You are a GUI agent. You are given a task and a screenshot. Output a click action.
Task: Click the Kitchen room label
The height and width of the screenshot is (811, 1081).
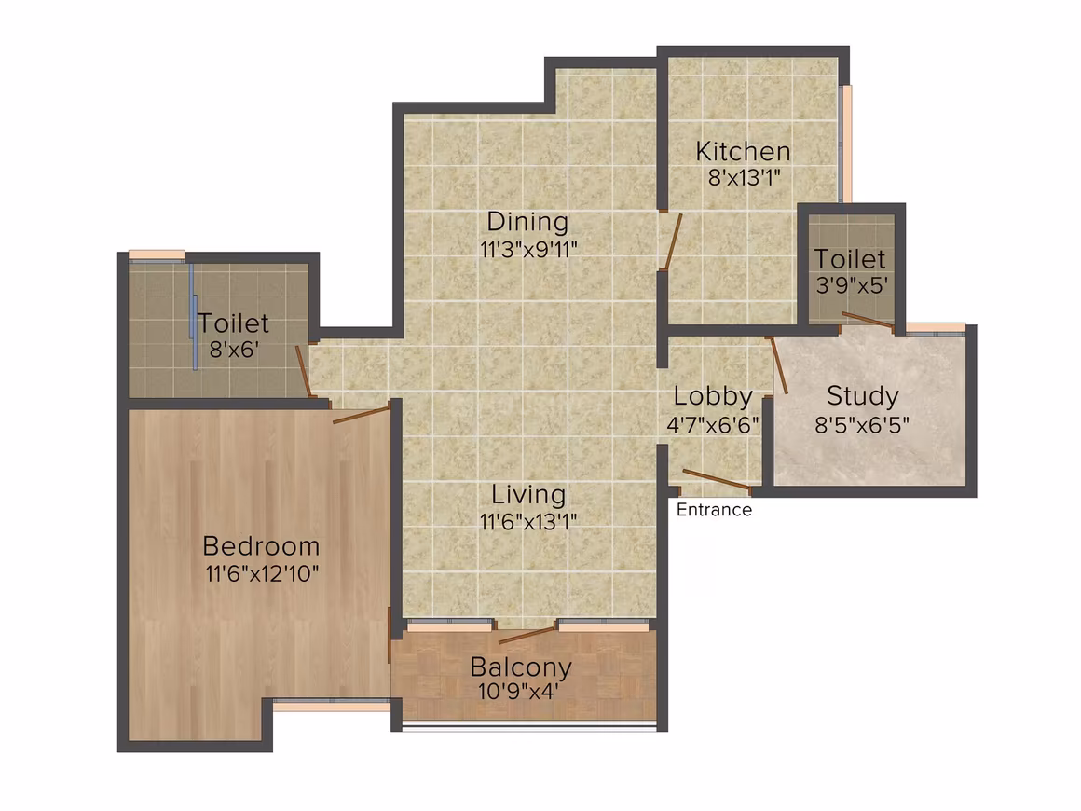click(x=743, y=151)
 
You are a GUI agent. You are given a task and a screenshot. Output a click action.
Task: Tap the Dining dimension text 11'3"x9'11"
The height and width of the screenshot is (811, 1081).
click(x=528, y=249)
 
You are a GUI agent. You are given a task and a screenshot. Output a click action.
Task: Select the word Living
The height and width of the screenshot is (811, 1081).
click(x=528, y=495)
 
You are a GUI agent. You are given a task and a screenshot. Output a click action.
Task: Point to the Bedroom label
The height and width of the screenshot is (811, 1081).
click(x=261, y=546)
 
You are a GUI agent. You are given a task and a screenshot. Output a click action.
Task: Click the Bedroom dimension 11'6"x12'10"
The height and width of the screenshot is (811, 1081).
click(x=262, y=573)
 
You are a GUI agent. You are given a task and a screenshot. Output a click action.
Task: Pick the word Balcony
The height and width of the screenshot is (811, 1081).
click(x=521, y=667)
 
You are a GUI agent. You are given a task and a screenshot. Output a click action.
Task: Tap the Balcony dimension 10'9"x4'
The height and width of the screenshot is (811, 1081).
click(x=518, y=691)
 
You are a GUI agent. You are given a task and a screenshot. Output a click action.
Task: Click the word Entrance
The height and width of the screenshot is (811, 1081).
click(x=714, y=510)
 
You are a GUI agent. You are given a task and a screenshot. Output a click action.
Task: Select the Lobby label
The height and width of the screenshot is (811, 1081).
click(x=713, y=396)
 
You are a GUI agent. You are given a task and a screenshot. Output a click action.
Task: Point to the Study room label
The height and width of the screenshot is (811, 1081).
click(x=862, y=396)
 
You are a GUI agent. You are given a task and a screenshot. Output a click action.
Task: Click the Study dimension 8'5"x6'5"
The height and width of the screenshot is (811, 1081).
click(x=862, y=424)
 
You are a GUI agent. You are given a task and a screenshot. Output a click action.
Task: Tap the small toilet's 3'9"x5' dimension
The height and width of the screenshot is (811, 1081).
click(x=851, y=285)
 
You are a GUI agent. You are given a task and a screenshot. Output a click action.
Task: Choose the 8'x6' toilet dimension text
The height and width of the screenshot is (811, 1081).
click(x=235, y=349)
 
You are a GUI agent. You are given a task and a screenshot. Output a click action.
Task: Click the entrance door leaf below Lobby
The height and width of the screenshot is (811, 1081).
click(x=717, y=480)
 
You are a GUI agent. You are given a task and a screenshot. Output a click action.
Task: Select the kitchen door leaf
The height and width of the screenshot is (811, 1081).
click(x=674, y=241)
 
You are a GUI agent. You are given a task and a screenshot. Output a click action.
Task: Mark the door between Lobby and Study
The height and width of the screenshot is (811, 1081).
click(x=779, y=365)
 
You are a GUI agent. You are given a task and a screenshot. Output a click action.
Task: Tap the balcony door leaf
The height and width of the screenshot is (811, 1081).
click(x=527, y=635)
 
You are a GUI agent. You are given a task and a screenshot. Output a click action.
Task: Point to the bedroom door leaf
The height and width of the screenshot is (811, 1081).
click(x=362, y=414)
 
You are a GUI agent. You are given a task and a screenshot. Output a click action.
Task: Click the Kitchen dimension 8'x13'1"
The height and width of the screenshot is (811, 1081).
click(x=745, y=178)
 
